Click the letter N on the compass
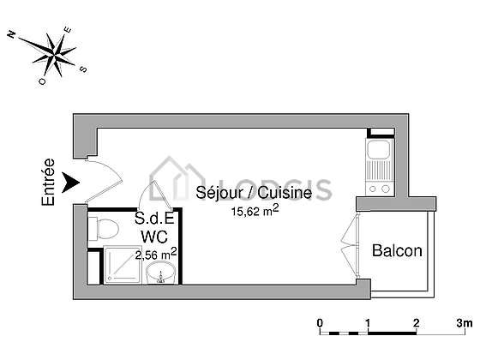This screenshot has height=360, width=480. point(11,34)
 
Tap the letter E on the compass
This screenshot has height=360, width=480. point(68,30)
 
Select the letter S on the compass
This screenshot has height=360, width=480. point(83,69)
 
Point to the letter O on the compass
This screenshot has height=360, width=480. point(42,81)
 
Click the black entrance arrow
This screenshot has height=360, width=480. point(70,182)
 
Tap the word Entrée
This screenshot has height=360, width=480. point(48,182)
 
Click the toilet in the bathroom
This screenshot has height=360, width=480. point(103,228)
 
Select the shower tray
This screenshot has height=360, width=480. point(123,265)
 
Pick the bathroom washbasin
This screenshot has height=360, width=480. point(161,273)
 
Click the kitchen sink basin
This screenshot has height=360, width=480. point(379,150)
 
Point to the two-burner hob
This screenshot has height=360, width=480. point(379,189)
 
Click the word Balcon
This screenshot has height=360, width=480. point(397,250)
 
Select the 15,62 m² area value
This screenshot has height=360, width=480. point(255,211)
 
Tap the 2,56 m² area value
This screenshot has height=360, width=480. point(156,255)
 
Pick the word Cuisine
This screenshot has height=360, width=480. point(285,193)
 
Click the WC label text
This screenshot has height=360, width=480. point(154,237)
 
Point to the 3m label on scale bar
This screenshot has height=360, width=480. point(465,323)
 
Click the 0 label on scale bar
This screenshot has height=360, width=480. point(320,323)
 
